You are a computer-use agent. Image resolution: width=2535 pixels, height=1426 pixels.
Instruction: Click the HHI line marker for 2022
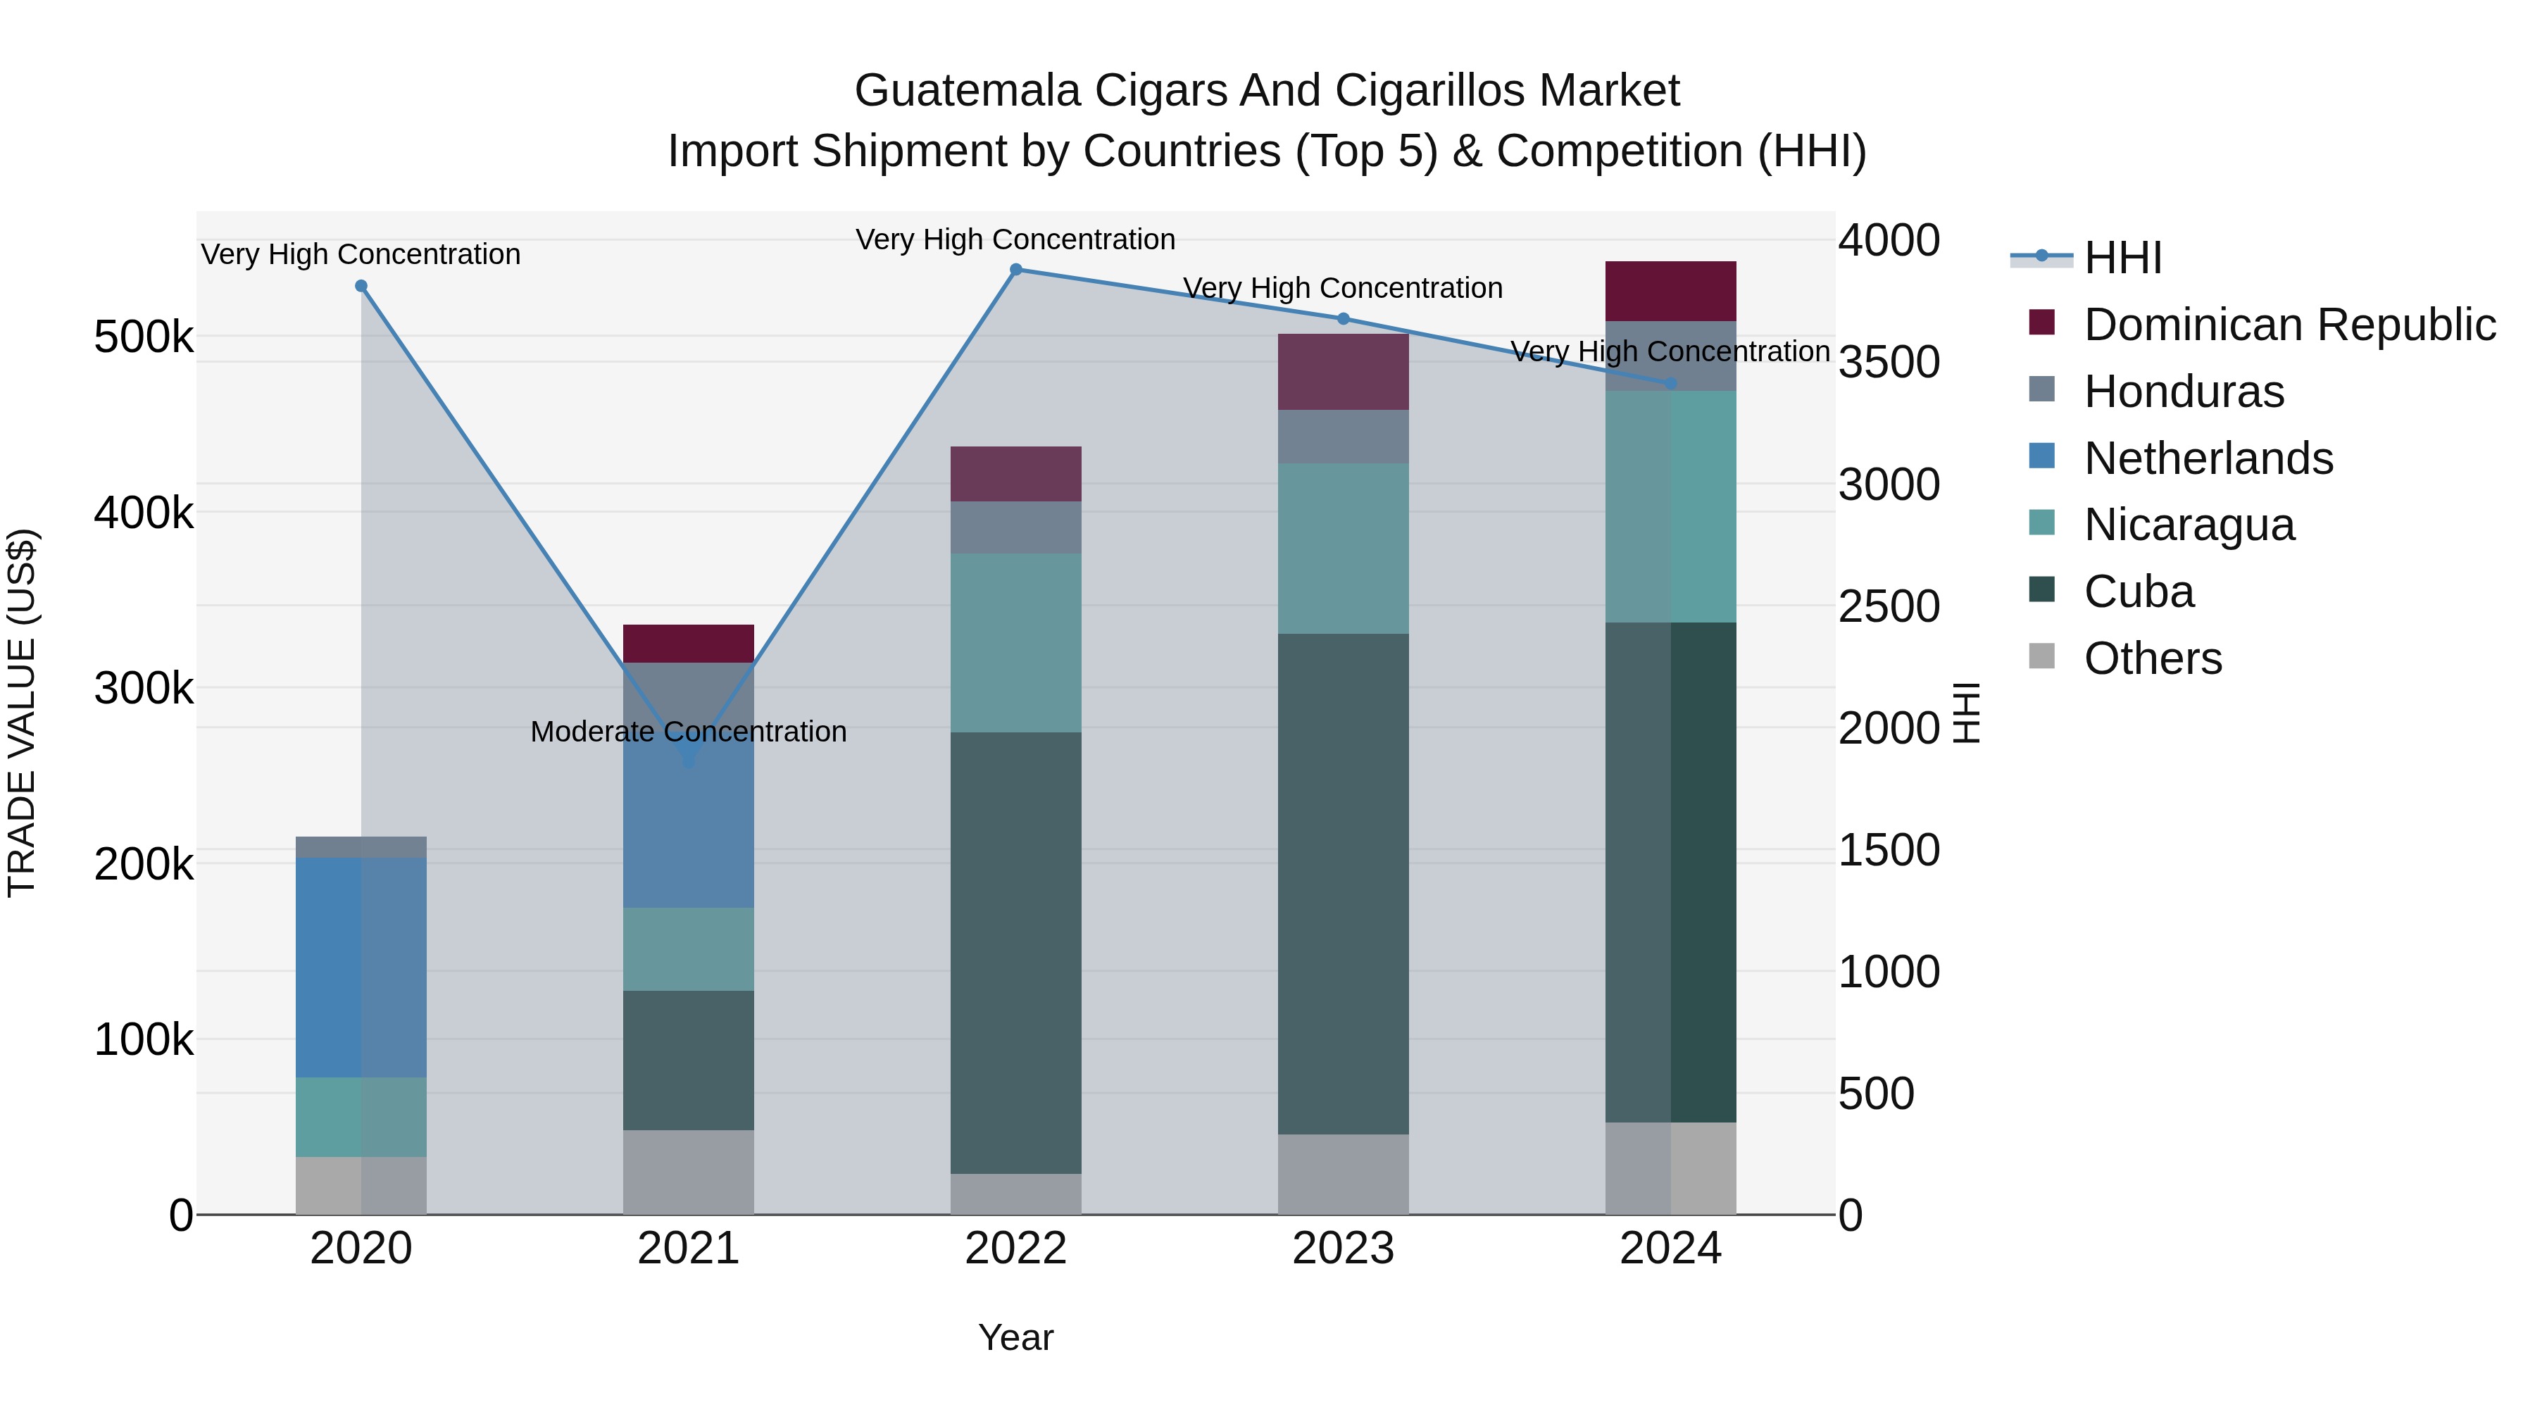[1015, 269]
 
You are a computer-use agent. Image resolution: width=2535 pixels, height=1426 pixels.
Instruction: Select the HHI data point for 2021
[688, 760]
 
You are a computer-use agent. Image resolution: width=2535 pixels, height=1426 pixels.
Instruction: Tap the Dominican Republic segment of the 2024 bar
[1670, 292]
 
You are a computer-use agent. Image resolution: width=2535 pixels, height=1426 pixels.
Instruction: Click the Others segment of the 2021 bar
[688, 1171]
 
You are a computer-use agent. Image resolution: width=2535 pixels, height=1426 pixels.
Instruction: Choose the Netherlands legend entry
[2208, 458]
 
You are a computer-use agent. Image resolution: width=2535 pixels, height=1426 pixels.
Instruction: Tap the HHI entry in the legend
[2122, 258]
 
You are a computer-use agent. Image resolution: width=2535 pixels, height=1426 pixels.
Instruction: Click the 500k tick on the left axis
[144, 337]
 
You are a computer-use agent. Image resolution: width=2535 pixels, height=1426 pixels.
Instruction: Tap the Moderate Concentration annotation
[688, 731]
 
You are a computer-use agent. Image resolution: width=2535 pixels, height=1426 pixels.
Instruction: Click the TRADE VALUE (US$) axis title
[22, 713]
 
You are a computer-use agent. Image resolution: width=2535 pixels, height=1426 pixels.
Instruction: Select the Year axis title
[1015, 1337]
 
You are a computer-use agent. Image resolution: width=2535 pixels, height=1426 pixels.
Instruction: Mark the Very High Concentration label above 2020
[361, 254]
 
